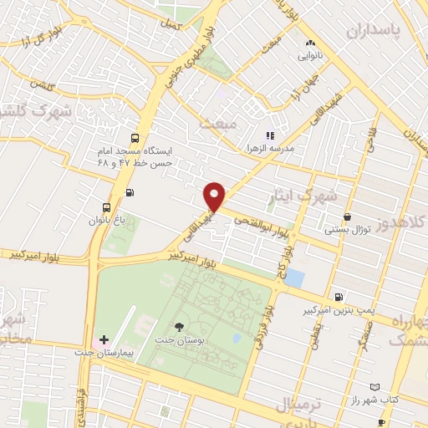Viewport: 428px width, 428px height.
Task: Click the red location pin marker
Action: [215, 196]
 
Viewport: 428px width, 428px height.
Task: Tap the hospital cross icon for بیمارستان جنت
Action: [104, 340]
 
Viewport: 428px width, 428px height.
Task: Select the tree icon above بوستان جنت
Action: [179, 326]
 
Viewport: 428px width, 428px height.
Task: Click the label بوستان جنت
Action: [176, 341]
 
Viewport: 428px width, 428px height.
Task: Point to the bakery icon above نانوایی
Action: [309, 43]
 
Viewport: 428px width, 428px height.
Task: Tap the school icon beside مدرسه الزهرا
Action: [269, 135]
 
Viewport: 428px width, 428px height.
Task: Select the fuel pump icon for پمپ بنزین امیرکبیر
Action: [338, 297]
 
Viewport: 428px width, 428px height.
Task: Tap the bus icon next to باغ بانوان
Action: [106, 207]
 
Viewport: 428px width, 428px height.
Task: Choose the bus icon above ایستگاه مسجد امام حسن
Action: [133, 139]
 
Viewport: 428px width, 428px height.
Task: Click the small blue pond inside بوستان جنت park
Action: [237, 339]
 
